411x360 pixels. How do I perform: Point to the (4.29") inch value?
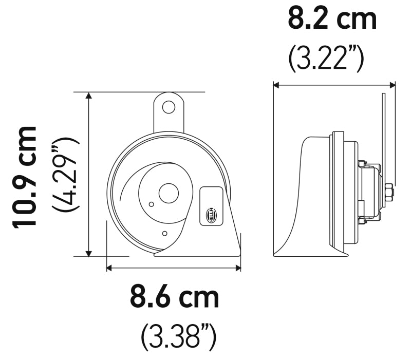click(x=66, y=175)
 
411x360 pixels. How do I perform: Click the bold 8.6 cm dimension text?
click(x=174, y=297)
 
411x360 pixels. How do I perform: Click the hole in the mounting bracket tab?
click(x=168, y=107)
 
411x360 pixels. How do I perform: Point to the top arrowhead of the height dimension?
click(x=89, y=96)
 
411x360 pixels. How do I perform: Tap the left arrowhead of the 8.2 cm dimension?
click(x=276, y=85)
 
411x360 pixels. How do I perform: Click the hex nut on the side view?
click(x=388, y=193)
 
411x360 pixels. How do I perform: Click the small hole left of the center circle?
click(x=151, y=204)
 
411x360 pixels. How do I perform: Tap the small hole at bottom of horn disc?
click(x=164, y=234)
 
